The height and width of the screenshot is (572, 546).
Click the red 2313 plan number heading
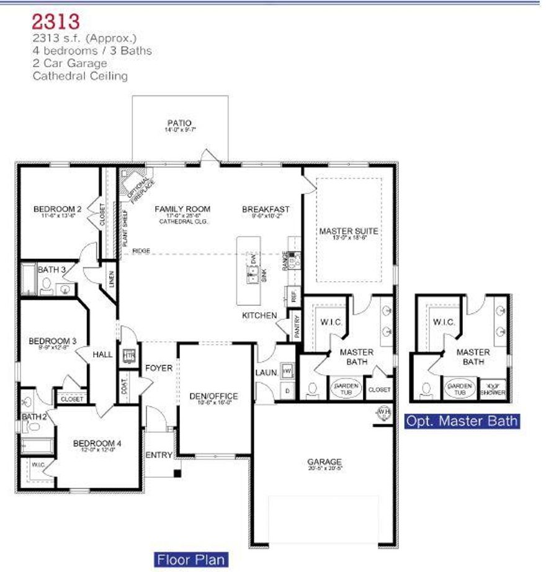[56, 21]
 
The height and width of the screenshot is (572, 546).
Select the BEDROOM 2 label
[58, 208]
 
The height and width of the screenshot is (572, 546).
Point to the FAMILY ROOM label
[182, 209]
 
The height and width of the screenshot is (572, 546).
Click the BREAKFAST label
[266, 209]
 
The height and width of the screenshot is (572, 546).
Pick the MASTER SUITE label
[349, 231]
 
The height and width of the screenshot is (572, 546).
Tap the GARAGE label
[324, 462]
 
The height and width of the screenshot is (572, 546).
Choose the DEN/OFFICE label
[213, 396]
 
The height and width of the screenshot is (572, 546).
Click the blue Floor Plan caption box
[190, 559]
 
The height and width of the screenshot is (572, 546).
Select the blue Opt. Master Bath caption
[461, 421]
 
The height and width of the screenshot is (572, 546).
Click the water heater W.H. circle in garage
[383, 411]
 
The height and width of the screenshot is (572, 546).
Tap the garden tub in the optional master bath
[460, 389]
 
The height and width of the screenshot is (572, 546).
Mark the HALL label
[102, 354]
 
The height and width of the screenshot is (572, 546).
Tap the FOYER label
[159, 368]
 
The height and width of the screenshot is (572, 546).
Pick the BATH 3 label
[48, 270]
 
